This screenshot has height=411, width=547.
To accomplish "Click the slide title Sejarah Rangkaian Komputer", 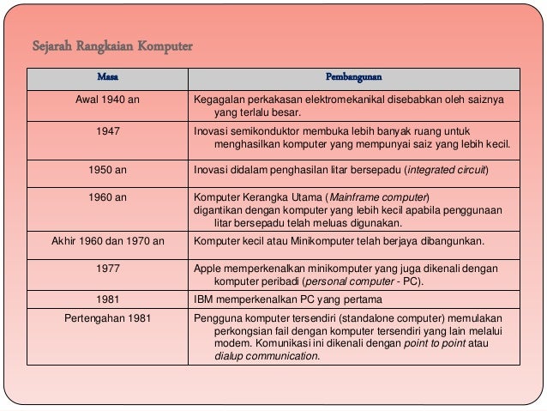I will pos(111,45).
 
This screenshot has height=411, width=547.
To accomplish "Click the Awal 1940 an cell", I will pos(108,100).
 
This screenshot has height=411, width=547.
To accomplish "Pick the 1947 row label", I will pos(108,131).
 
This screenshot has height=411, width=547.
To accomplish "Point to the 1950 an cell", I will pos(108,170).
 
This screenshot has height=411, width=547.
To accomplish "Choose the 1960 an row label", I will pos(108,197).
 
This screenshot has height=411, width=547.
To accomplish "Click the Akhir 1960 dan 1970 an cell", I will pos(108,241).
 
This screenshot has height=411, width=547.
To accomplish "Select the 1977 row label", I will pos(108,269).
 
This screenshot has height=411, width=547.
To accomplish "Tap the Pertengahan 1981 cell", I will pos(108,318).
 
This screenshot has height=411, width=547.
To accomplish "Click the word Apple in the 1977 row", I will pos(208,269).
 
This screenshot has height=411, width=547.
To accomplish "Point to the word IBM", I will pos(205,299).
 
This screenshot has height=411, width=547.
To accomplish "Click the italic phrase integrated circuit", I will pos(447,170).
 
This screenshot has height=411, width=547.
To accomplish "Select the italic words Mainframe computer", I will pos(380,197).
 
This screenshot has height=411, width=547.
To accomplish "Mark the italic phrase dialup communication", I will pos(266,355).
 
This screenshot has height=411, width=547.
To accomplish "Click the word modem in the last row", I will pos(231,343).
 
